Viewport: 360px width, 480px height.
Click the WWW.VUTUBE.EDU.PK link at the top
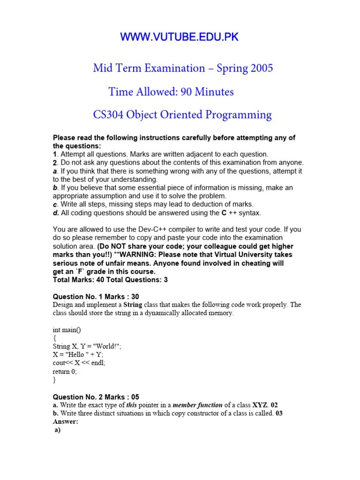(180, 37)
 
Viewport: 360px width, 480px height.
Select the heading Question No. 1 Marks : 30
(96, 296)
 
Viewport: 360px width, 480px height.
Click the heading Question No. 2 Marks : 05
(96, 397)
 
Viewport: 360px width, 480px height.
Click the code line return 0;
(65, 372)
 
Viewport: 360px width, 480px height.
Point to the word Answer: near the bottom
(66, 421)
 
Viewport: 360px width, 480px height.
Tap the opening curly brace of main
(54, 338)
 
